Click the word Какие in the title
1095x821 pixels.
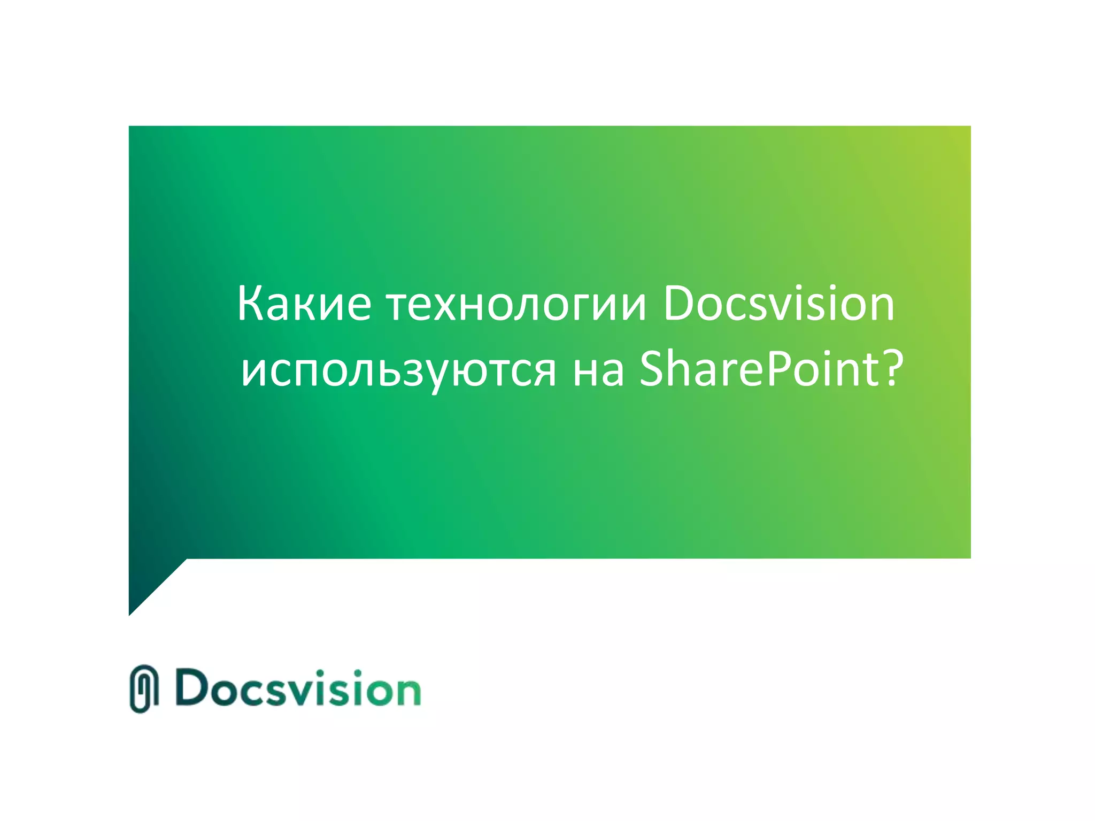[x=304, y=305]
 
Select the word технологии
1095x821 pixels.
[x=516, y=305]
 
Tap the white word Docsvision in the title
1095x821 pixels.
[x=778, y=305]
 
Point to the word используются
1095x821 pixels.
[x=398, y=370]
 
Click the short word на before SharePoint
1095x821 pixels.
[x=598, y=370]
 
